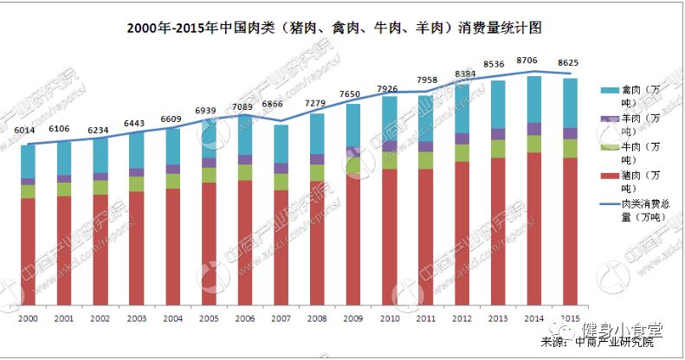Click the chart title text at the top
[333, 28]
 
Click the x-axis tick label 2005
[209, 318]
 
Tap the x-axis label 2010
[390, 318]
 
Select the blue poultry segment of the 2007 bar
[281, 144]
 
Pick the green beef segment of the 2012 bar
[462, 152]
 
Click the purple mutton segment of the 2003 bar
[137, 172]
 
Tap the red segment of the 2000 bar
[29, 251]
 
